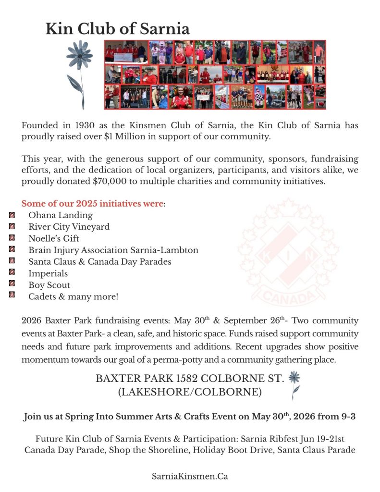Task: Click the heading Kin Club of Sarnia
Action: click(117, 29)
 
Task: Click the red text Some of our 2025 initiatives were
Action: click(92, 203)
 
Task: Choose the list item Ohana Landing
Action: click(61, 215)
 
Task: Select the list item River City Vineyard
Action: click(69, 227)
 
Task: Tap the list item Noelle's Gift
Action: click(54, 238)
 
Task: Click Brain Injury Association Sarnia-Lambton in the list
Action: click(113, 250)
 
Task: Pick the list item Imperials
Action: click(48, 273)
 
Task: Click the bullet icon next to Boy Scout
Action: click(12, 284)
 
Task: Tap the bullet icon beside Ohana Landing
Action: click(12, 214)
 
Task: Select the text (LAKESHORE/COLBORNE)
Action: click(190, 392)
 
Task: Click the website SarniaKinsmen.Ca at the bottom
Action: click(190, 476)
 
